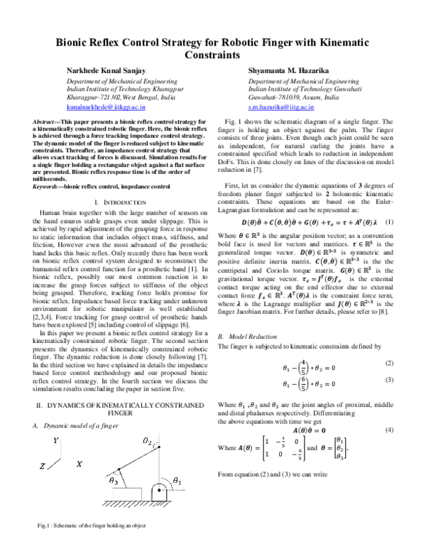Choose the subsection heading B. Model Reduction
(245, 335)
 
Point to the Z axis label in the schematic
(43, 486)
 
